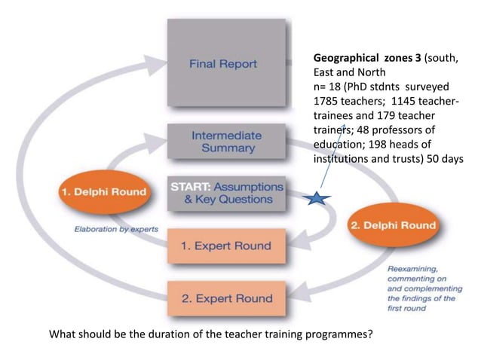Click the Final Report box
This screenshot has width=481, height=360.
click(226, 63)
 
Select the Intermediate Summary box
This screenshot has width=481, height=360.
click(226, 142)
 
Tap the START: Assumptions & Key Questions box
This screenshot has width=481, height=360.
click(226, 193)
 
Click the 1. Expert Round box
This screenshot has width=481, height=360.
click(226, 246)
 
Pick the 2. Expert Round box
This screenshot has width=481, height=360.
click(226, 297)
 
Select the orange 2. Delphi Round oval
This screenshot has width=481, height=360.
click(392, 225)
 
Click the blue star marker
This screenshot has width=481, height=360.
click(317, 199)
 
